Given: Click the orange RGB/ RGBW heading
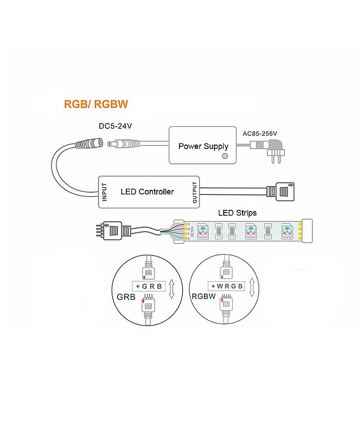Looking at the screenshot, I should click(x=96, y=104).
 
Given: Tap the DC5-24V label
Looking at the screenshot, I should click(x=115, y=126).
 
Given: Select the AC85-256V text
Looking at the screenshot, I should click(x=260, y=133).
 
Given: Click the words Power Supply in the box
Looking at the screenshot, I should click(x=203, y=146).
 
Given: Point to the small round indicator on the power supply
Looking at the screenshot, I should click(x=224, y=157).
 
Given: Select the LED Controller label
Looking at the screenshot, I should click(x=147, y=192).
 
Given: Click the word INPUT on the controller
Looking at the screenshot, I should click(x=104, y=192).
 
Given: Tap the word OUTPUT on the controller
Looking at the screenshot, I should click(x=194, y=192).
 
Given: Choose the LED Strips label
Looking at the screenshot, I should click(x=236, y=213).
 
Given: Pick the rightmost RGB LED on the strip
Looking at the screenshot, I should click(x=286, y=229).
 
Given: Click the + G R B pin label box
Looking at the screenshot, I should click(x=147, y=286).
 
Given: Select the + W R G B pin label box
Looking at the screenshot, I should click(x=226, y=286).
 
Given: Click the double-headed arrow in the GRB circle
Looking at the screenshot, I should click(x=172, y=289).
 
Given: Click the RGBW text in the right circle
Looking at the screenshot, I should click(x=203, y=297).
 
